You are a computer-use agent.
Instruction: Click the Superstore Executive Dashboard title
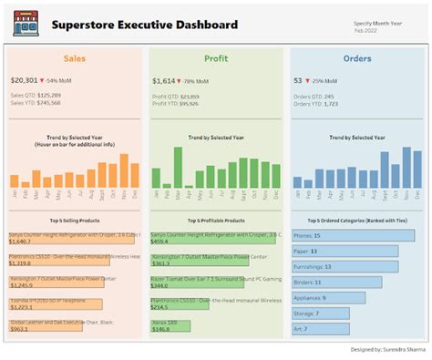pos(144,25)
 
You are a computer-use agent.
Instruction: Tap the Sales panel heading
pos(74,58)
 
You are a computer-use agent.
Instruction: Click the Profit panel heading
pos(216,58)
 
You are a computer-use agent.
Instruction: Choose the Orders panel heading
pos(356,58)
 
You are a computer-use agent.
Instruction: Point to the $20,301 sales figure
pos(25,80)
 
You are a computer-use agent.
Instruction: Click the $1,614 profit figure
pos(164,80)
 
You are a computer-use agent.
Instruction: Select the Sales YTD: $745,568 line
pos(36,103)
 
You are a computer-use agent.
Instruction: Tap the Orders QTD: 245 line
pos(314,95)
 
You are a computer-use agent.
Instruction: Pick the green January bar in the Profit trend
pos(156,178)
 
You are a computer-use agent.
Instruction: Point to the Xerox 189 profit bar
pos(170,324)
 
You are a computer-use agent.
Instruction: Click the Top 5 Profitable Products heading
pos(216,220)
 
